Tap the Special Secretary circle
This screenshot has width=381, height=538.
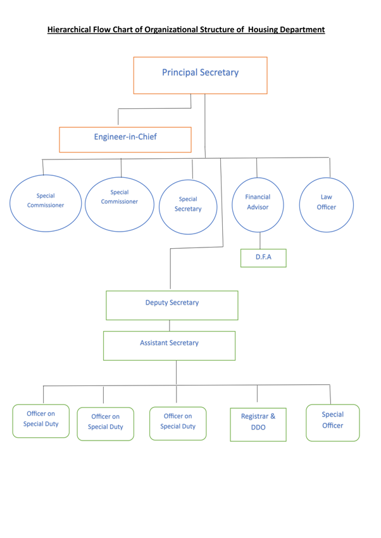(x=188, y=205)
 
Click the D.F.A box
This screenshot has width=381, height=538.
(x=263, y=258)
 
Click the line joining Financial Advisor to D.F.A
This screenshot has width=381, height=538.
(x=260, y=241)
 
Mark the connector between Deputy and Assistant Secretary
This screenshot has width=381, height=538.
(x=169, y=325)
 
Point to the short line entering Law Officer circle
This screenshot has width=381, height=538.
(x=330, y=167)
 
